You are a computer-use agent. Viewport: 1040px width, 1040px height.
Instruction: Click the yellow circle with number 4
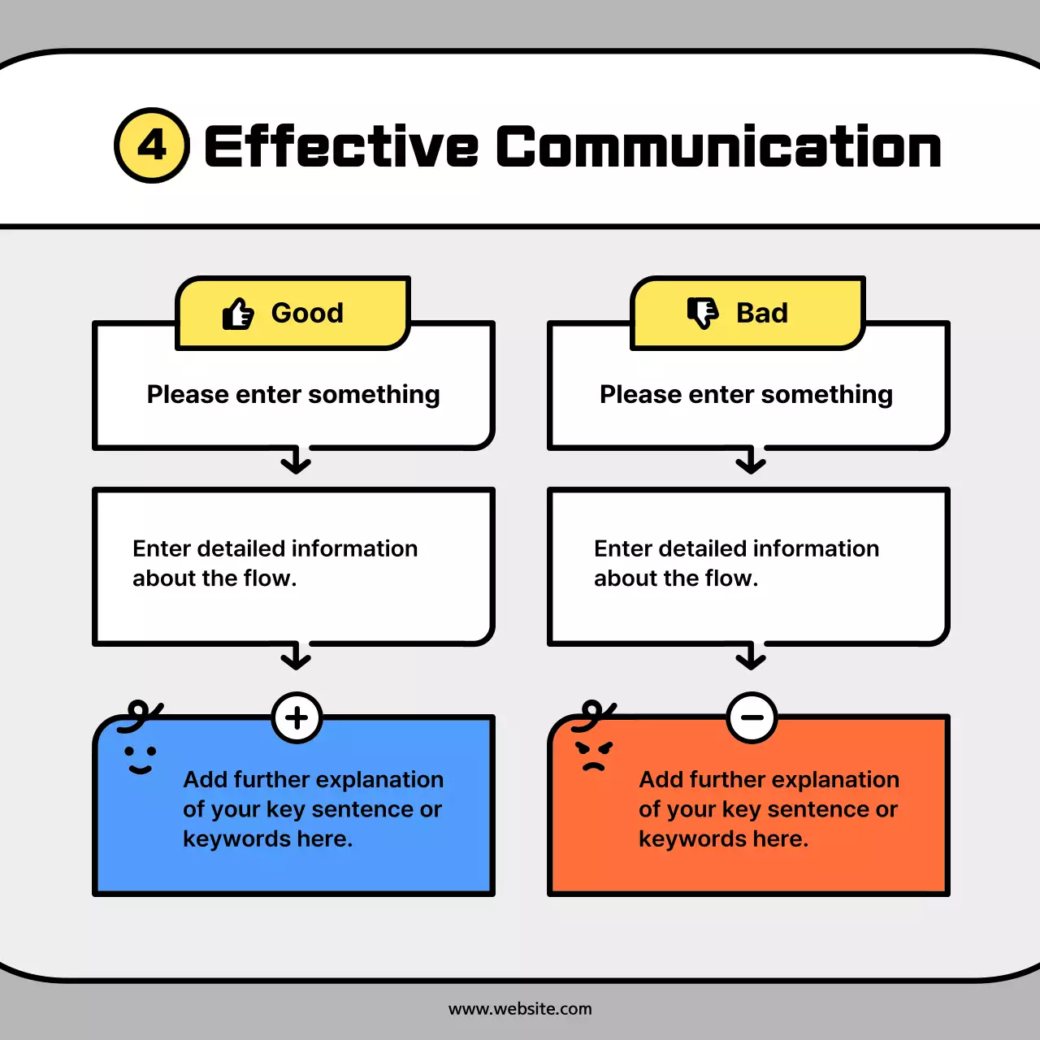point(152,145)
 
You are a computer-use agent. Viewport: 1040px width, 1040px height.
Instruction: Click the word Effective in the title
point(341,147)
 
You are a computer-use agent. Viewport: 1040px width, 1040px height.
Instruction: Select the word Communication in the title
point(718,147)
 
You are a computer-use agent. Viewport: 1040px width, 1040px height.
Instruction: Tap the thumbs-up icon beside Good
point(238,314)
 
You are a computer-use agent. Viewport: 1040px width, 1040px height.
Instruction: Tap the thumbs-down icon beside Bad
point(703,313)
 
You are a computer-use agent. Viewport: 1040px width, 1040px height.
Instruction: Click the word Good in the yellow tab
point(307,313)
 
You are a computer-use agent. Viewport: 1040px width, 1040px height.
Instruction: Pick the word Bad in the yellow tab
point(762,313)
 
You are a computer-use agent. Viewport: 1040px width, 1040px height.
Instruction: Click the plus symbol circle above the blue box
point(297,717)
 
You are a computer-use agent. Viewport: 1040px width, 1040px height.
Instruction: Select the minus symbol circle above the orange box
point(752,717)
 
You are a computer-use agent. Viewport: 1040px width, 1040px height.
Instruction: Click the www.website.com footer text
point(520,1009)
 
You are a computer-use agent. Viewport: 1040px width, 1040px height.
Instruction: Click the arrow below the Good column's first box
point(296,461)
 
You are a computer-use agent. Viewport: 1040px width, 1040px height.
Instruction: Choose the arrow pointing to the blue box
point(296,656)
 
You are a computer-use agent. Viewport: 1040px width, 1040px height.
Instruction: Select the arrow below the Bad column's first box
point(751,461)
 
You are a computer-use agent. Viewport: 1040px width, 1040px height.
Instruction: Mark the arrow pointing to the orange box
point(751,656)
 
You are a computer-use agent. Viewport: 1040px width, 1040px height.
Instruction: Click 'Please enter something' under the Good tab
point(293,394)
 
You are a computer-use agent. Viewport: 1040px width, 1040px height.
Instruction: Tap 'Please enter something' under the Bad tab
point(746,394)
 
